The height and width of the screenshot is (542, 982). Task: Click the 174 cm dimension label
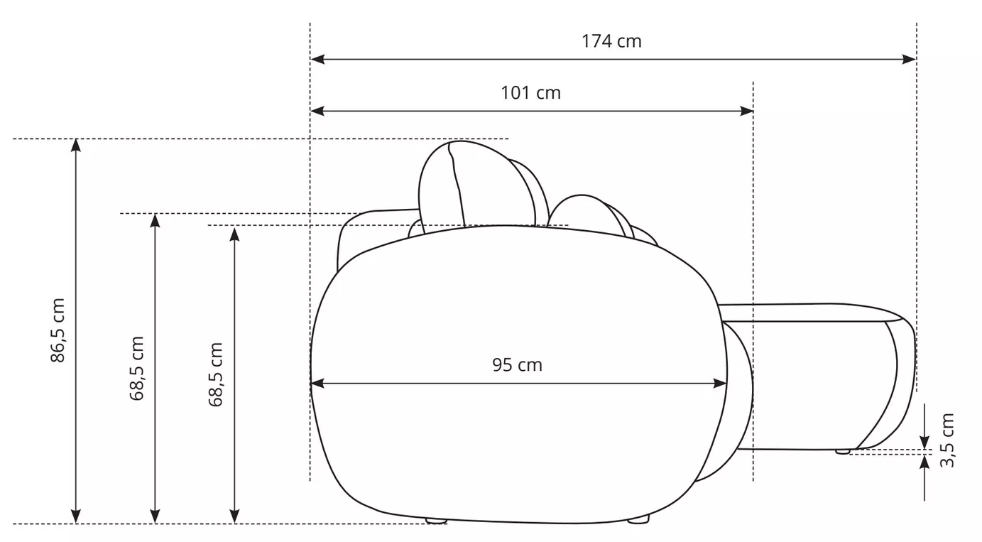pyautogui.click(x=611, y=41)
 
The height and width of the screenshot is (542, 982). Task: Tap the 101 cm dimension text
pyautogui.click(x=530, y=93)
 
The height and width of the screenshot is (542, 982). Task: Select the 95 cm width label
pyautogui.click(x=518, y=365)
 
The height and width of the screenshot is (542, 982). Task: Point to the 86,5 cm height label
pyautogui.click(x=58, y=330)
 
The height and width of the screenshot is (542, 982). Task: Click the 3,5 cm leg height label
pyautogui.click(x=947, y=440)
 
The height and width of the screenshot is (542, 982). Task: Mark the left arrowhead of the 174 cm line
pyautogui.click(x=317, y=59)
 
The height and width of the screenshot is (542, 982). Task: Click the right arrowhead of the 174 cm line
pyautogui.click(x=909, y=59)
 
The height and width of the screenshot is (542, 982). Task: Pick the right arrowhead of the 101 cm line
pyautogui.click(x=746, y=111)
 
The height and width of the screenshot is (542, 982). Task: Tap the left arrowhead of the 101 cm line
pyautogui.click(x=317, y=111)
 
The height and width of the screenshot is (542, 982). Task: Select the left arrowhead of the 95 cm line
pyautogui.click(x=317, y=384)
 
